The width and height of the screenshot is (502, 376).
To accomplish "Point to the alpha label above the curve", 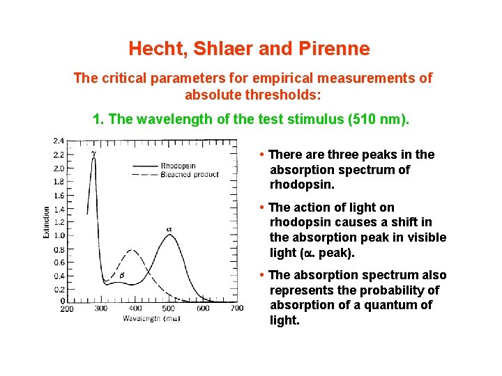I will pos(168,228).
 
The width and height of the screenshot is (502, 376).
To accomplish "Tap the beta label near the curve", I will pos(121,275).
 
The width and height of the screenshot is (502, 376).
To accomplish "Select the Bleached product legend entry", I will pos(186,174).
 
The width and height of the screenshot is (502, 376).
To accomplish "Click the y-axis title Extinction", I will pos(47,222).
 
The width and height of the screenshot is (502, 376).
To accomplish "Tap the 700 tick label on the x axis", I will pos(236,308).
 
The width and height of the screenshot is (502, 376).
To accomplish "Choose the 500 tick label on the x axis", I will pos(169,308).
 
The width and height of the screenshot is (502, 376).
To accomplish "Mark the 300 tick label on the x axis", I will pos(101,308).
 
